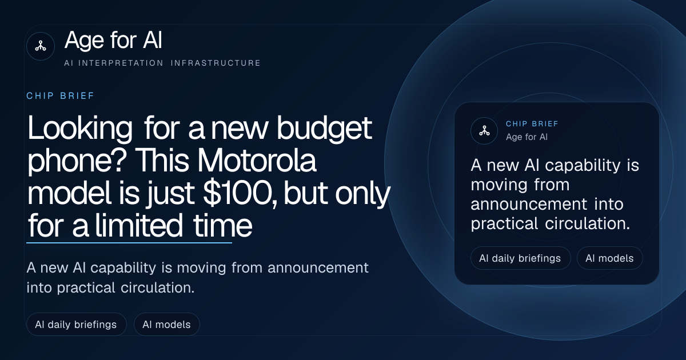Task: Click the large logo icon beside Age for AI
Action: (x=41, y=46)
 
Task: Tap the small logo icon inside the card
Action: (x=484, y=131)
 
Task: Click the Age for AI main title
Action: (x=113, y=40)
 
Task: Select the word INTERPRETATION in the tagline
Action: (x=121, y=63)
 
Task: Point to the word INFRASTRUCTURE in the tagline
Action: (x=216, y=63)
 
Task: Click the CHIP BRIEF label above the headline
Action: (x=61, y=96)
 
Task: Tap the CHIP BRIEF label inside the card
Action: (x=532, y=123)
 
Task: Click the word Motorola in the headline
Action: (x=256, y=161)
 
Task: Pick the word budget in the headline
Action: (x=324, y=129)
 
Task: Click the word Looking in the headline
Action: (x=80, y=129)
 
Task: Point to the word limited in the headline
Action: (x=139, y=226)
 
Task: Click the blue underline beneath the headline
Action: (x=129, y=243)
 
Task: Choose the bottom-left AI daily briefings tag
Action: (x=76, y=325)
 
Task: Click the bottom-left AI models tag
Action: (x=166, y=325)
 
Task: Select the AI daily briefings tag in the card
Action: (x=520, y=258)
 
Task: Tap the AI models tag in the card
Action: (x=609, y=258)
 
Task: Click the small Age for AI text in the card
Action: (x=527, y=137)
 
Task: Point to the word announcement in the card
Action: (x=529, y=204)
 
